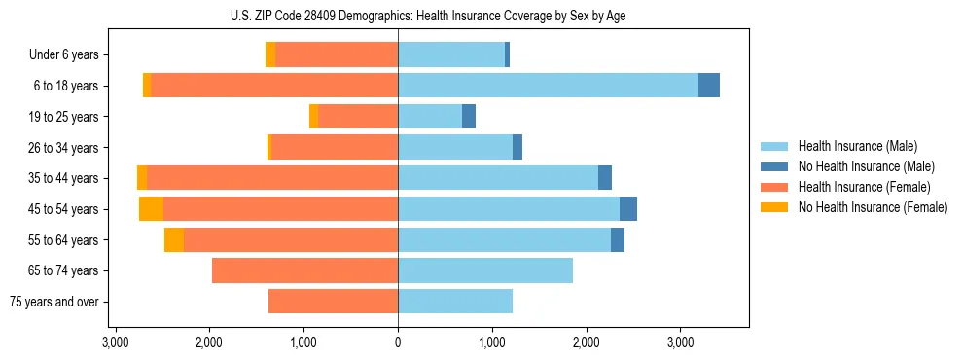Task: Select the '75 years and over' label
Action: point(54,302)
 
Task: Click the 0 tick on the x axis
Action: point(398,343)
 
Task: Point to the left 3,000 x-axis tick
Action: point(115,343)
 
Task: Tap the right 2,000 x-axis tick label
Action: point(587,343)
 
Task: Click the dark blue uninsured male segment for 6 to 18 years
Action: point(709,86)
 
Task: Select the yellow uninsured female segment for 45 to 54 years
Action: point(151,209)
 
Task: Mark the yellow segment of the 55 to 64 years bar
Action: point(174,240)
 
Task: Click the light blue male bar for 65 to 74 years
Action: point(485,270)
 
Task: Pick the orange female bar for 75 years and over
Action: point(333,302)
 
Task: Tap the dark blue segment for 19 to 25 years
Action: point(469,117)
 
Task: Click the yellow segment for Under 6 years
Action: point(270,55)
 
